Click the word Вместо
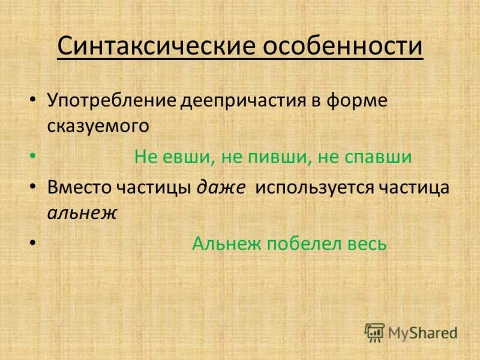tap(79, 188)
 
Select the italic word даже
tap(220, 188)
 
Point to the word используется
tap(316, 188)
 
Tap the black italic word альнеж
tap(81, 213)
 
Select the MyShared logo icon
tap(374, 332)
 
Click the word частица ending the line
tap(415, 188)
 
